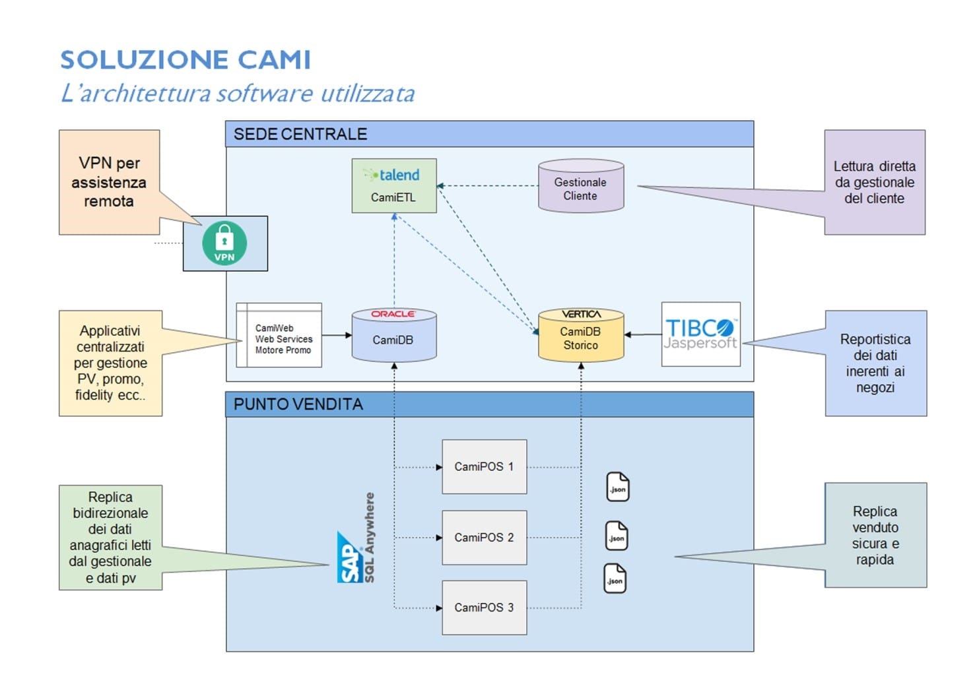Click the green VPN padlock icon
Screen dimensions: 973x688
pos(224,243)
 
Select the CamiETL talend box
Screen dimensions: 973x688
pos(394,186)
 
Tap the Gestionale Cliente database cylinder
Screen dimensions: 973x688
pos(581,186)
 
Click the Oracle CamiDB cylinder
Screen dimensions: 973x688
pos(394,335)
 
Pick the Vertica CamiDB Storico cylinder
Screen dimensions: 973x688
pos(581,335)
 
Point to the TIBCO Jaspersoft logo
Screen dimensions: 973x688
pos(700,334)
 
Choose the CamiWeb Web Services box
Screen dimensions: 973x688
pos(279,335)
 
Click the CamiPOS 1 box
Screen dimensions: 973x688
pos(485,466)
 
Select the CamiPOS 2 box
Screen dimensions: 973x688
pos(485,538)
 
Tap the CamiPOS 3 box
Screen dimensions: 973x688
pos(485,608)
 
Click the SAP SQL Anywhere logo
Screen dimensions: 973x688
pos(356,538)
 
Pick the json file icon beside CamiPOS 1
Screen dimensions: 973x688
pos(618,487)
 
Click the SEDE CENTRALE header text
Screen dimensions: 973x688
pos(300,134)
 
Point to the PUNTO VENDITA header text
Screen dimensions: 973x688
pos(298,404)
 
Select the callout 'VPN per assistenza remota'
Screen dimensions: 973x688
pos(110,182)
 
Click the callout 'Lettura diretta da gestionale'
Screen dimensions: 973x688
pos(875,182)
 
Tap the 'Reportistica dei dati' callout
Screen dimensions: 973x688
pos(876,363)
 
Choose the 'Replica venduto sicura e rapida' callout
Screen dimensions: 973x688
pos(875,535)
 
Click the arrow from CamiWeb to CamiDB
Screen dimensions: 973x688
pos(337,335)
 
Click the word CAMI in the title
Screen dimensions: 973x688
pos(275,59)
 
